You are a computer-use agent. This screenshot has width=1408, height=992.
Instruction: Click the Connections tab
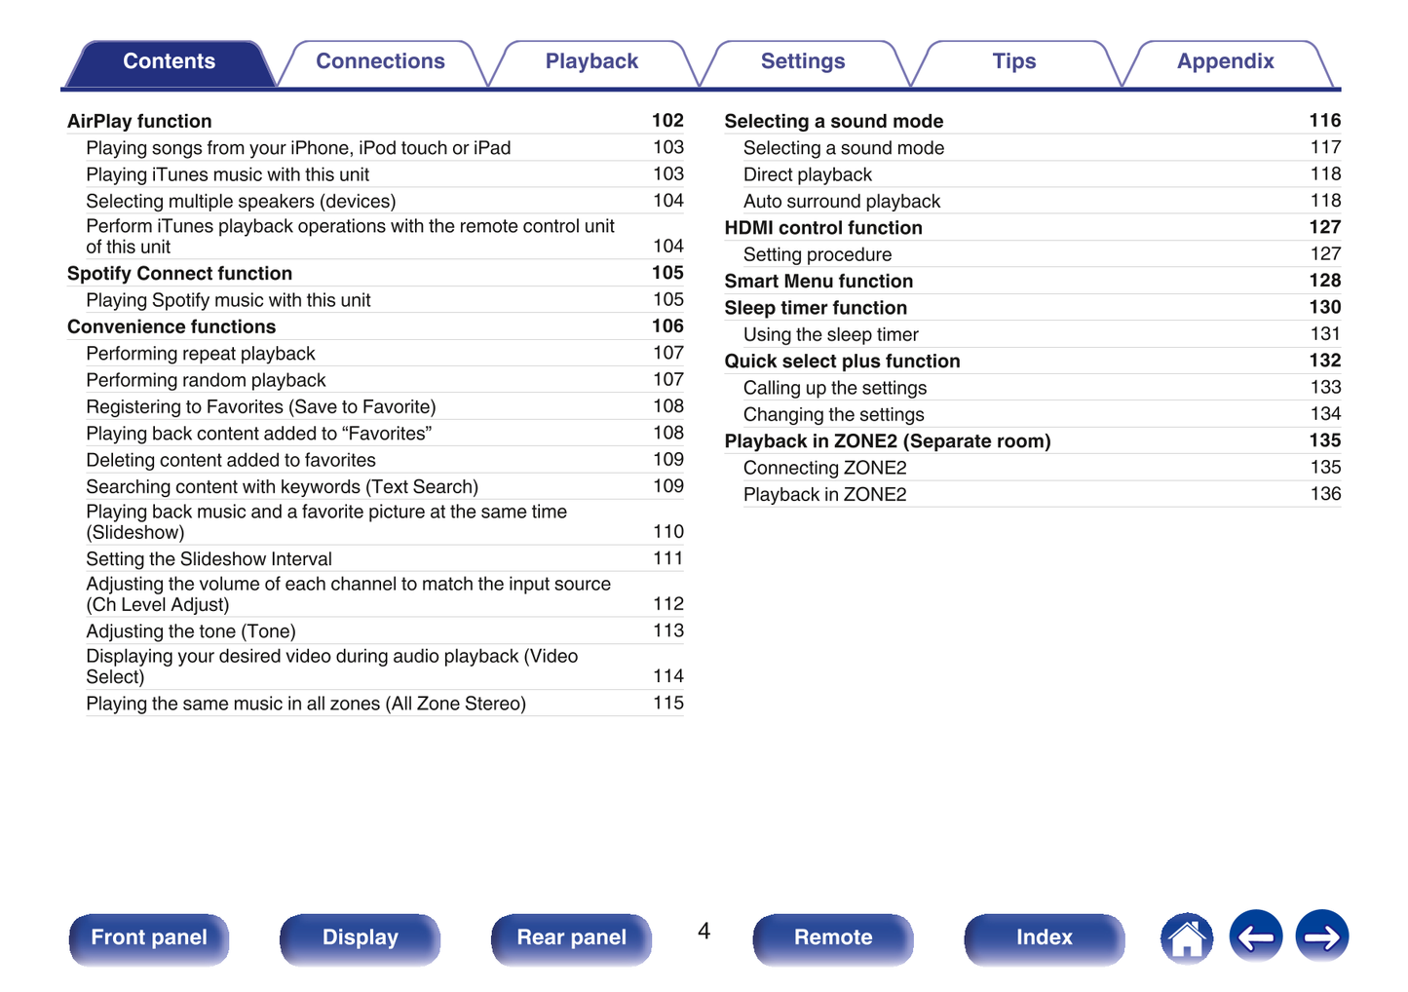coord(380,61)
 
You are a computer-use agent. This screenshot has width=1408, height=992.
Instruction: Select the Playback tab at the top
coord(591,61)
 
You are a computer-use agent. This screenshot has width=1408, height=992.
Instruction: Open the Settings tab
coord(802,61)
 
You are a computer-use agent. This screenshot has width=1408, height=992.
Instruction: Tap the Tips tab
coord(1013,61)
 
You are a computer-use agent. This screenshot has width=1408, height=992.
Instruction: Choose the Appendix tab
coord(1225,61)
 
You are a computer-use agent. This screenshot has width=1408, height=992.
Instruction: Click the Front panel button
coord(149,937)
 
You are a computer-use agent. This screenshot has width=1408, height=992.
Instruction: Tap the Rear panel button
coord(571,937)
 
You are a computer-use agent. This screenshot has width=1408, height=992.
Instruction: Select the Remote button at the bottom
coord(833,937)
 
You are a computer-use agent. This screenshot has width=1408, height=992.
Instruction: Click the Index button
coord(1044,937)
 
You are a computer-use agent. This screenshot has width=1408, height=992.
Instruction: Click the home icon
coord(1187,938)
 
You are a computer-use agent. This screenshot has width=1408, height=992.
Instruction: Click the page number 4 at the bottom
coord(704,932)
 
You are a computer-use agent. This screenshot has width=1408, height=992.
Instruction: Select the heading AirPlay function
coord(139,121)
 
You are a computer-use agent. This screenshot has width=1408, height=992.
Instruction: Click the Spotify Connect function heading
coord(179,274)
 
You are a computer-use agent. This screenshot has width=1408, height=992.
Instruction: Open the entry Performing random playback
coord(206,380)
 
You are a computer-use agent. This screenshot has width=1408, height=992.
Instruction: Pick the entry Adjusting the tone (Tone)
coord(191,631)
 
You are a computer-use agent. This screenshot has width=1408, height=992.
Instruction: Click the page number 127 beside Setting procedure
coord(1325,254)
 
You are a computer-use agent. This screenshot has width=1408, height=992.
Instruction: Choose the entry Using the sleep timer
coord(830,334)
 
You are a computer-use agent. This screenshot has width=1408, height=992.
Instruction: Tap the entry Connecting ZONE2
coord(824,468)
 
